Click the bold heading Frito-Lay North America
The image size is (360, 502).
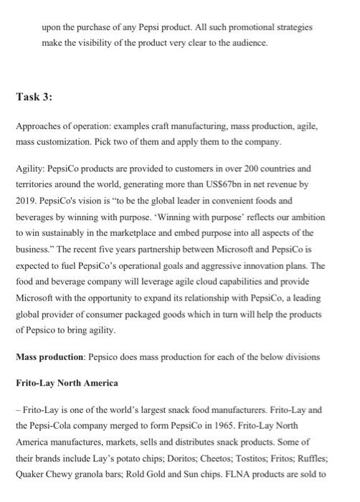67,382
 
